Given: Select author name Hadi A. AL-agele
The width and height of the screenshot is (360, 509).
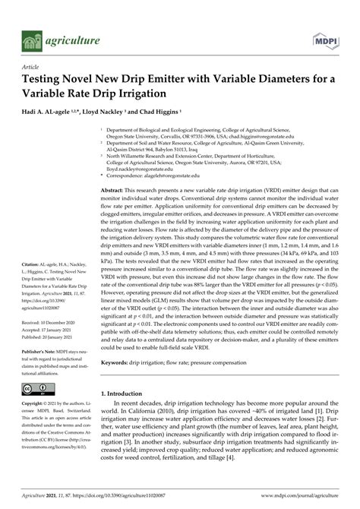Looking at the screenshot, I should point(52,112).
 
